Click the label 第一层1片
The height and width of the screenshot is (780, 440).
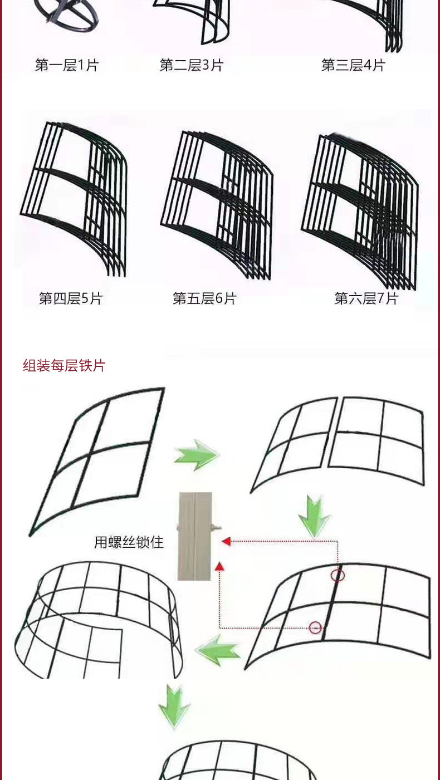(67, 66)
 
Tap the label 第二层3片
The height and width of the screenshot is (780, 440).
(192, 66)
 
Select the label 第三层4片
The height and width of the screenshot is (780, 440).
(353, 66)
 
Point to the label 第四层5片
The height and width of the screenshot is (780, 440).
(71, 298)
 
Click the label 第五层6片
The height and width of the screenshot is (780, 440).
(205, 298)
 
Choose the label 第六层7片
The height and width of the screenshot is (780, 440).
(366, 298)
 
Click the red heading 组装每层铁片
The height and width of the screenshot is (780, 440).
(64, 366)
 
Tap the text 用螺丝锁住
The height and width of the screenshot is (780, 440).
(129, 542)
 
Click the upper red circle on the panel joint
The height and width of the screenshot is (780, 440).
(338, 575)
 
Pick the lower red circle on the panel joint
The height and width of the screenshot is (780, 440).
(315, 628)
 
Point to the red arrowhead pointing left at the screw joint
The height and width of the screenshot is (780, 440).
(226, 541)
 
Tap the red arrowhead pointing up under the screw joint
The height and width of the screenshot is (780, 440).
(219, 566)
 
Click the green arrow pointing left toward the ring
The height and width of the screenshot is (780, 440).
(218, 650)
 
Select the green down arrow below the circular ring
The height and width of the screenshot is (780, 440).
(174, 706)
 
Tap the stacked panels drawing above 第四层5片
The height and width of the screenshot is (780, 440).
(75, 198)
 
